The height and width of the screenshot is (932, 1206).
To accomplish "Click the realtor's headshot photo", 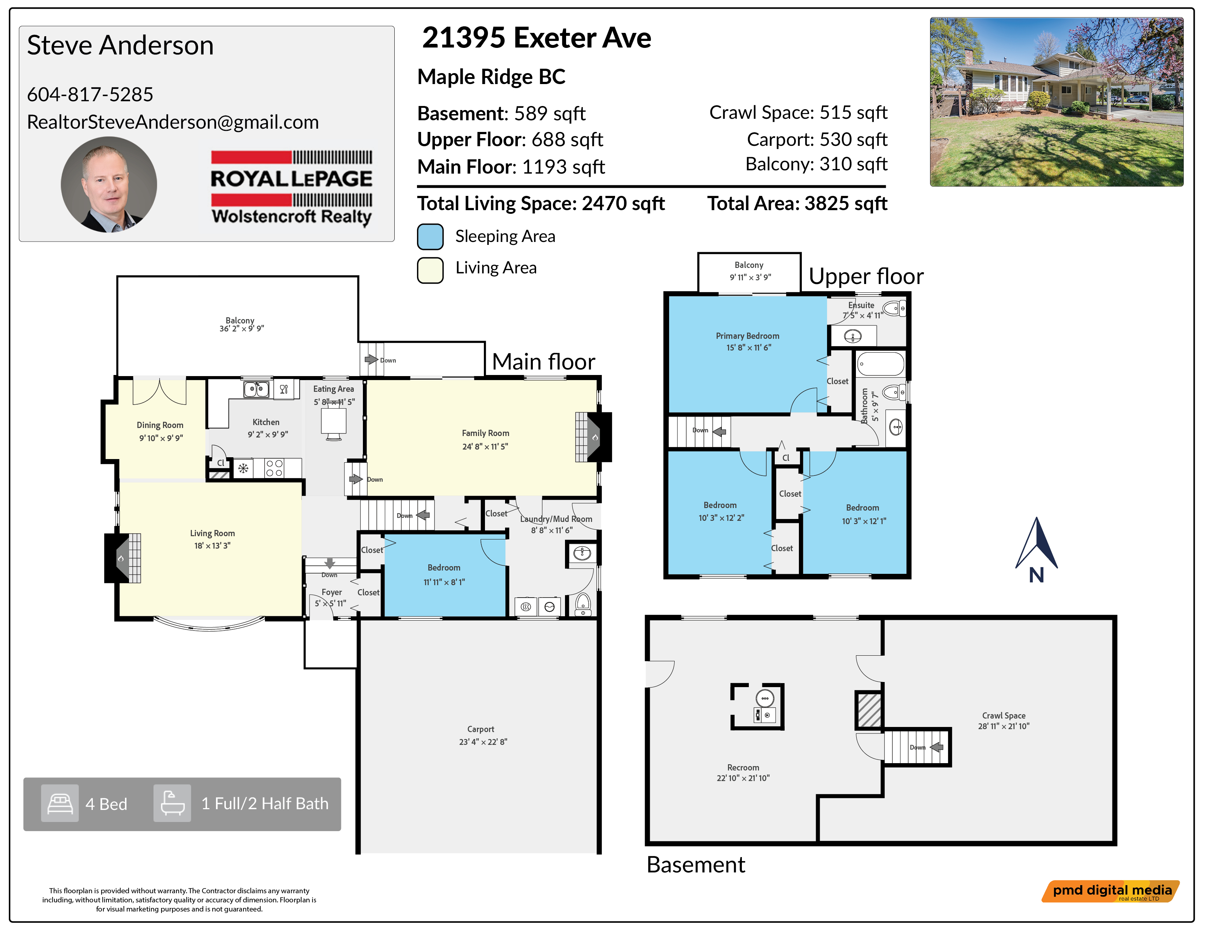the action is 109,185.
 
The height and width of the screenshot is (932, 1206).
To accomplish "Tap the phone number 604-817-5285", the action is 90,94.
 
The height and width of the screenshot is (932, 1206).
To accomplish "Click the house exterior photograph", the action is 1057,102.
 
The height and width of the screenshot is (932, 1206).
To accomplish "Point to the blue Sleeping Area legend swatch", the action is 430,236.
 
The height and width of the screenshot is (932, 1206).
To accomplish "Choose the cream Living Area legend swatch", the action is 430,270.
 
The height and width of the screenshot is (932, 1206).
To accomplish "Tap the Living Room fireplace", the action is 122,558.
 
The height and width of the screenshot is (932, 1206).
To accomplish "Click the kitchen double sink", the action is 256,389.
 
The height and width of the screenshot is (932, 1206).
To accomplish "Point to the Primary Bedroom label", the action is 748,336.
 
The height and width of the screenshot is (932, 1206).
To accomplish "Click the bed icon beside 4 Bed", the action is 60,803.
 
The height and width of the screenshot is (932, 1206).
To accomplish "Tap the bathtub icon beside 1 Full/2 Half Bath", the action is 172,803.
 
